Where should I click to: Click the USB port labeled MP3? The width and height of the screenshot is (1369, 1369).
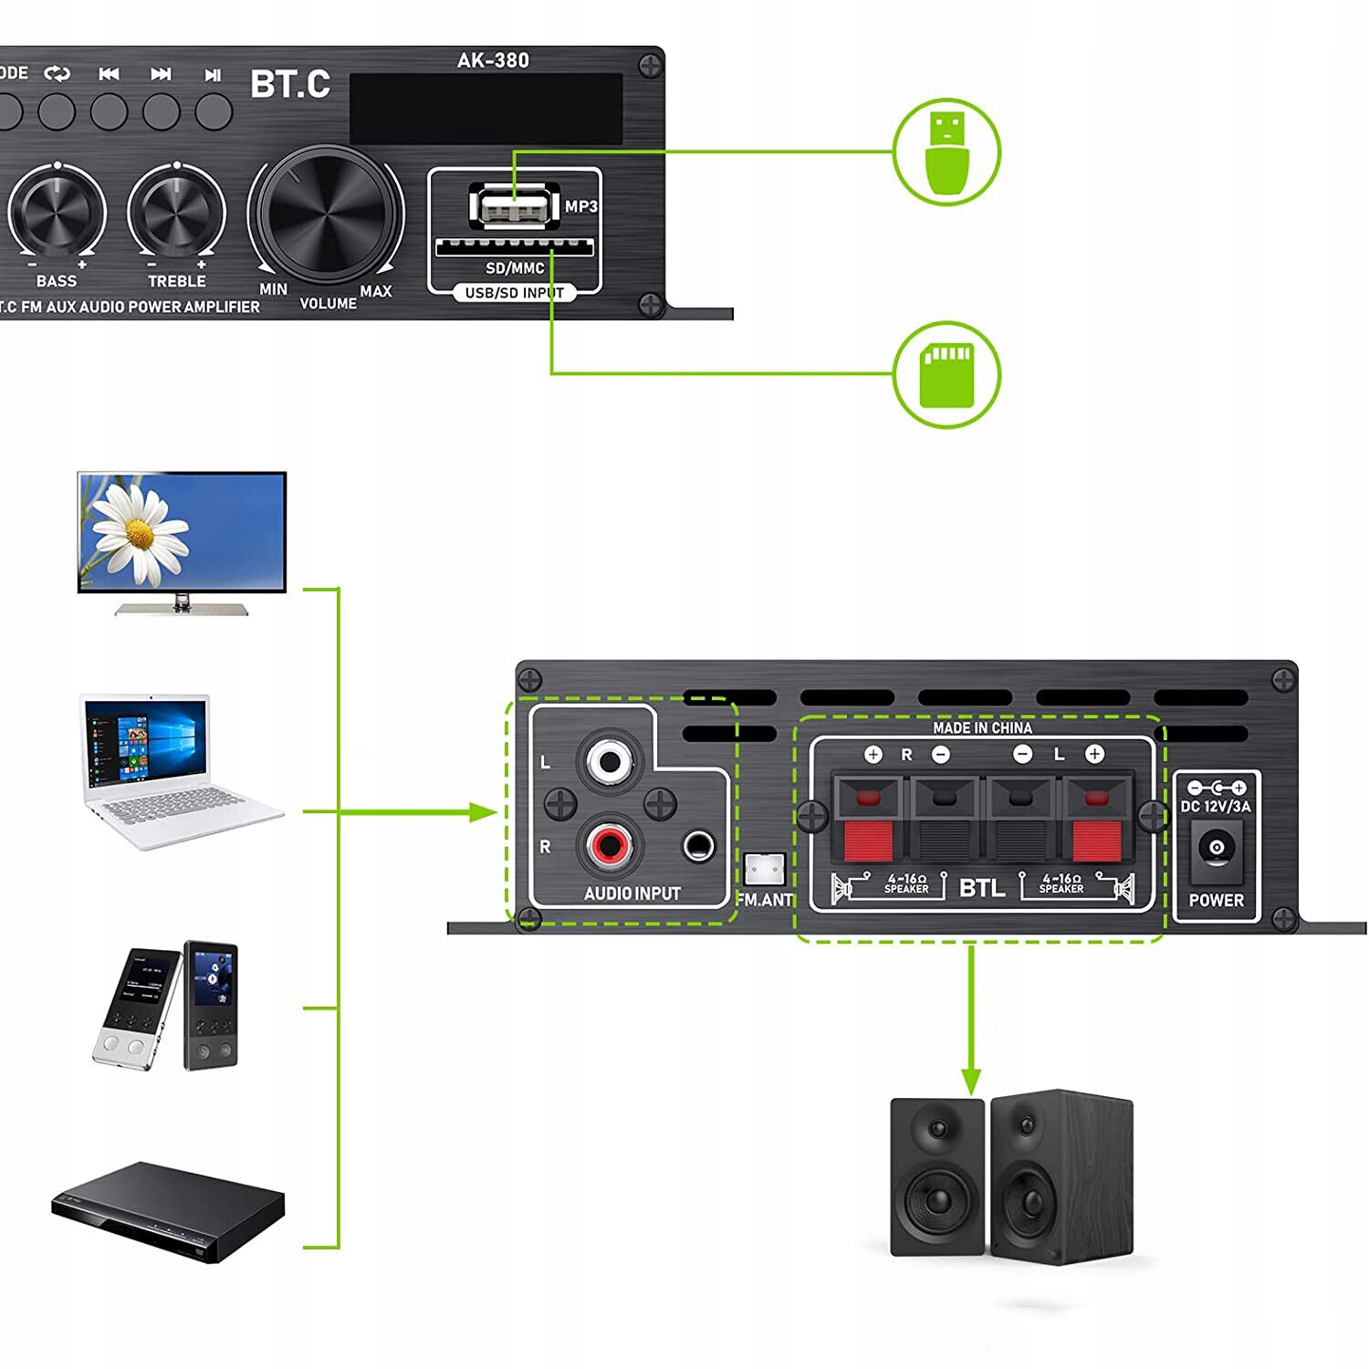pyautogui.click(x=513, y=206)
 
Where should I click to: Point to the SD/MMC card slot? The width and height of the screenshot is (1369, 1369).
pyautogui.click(x=514, y=246)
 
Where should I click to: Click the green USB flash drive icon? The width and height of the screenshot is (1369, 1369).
pyautogui.click(x=946, y=152)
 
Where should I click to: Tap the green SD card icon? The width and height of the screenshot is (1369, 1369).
pyautogui.click(x=946, y=374)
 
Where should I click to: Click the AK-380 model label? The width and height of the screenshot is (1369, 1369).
pyautogui.click(x=493, y=60)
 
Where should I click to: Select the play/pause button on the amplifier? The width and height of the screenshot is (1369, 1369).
pyautogui.click(x=214, y=110)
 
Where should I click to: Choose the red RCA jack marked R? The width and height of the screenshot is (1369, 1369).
pyautogui.click(x=609, y=844)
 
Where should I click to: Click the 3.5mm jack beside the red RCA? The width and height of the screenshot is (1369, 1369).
pyautogui.click(x=699, y=846)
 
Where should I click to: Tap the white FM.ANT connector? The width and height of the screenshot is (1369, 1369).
pyautogui.click(x=764, y=869)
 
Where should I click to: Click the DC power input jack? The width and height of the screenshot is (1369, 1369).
pyautogui.click(x=1217, y=848)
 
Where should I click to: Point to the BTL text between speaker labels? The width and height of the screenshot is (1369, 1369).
pyautogui.click(x=982, y=887)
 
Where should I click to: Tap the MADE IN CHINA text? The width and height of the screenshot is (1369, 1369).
pyautogui.click(x=982, y=727)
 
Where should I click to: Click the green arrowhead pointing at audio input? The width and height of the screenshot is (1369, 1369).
pyautogui.click(x=483, y=811)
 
